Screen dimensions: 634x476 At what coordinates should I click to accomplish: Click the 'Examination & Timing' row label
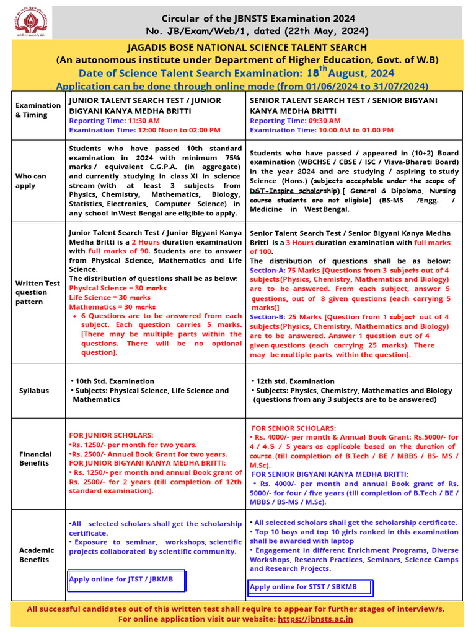(38, 110)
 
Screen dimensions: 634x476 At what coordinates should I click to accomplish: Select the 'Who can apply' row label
(31, 181)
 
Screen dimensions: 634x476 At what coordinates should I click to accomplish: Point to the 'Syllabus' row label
(33, 391)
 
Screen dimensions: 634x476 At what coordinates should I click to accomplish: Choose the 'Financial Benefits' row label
(35, 458)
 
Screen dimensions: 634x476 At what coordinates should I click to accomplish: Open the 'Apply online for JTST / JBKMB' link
(121, 580)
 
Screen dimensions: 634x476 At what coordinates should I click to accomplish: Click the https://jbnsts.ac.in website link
(315, 619)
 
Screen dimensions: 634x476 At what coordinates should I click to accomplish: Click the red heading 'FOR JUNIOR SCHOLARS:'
(111, 435)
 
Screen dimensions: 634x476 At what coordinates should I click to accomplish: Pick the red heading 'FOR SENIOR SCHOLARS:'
(294, 428)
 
